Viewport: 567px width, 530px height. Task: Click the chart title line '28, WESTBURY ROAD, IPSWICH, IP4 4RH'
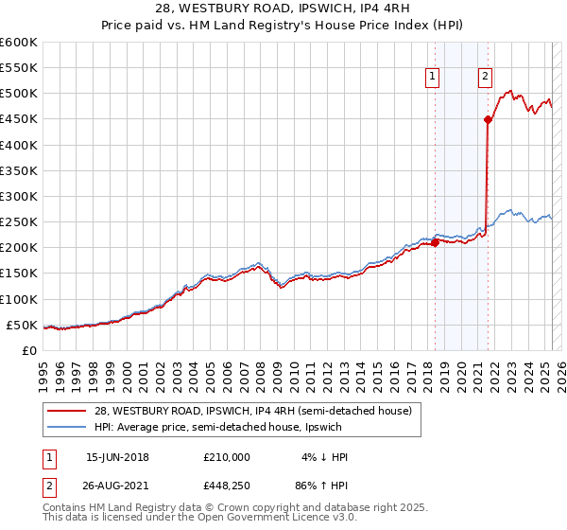[283, 11]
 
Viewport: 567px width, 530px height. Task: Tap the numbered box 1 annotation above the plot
[432, 78]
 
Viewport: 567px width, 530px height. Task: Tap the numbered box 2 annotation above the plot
[485, 78]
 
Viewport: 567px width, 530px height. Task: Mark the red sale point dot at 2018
[436, 242]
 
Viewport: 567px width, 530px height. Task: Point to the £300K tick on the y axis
[21, 196]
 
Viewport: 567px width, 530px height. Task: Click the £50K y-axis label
[25, 325]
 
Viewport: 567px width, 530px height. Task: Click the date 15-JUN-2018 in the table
[117, 457]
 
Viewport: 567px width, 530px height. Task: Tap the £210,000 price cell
[227, 457]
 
